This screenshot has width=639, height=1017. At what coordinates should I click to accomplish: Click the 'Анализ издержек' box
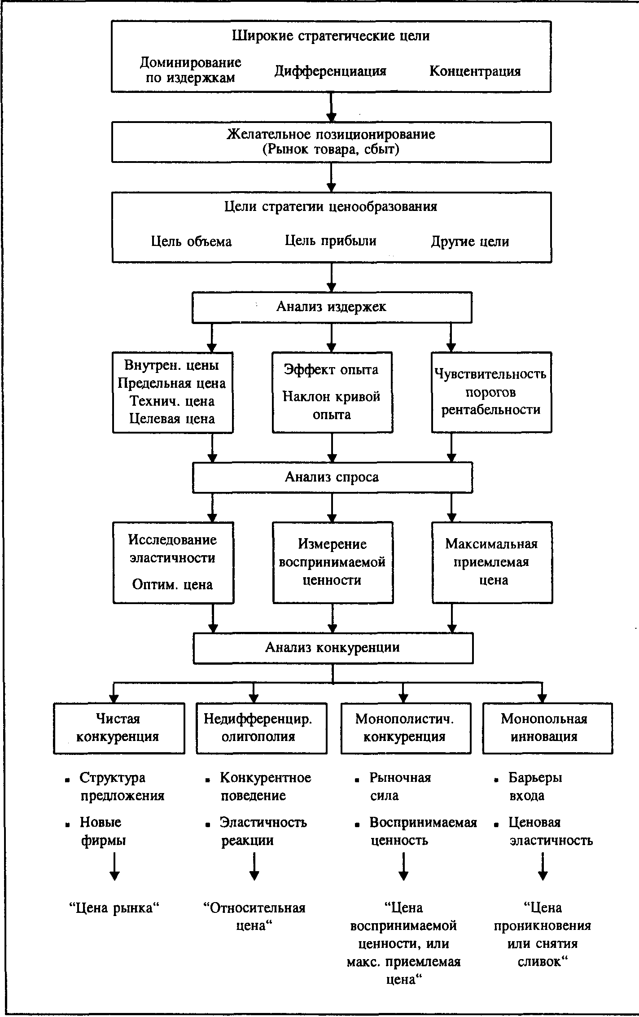click(x=332, y=307)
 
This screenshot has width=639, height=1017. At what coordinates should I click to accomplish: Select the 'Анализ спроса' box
click(x=332, y=477)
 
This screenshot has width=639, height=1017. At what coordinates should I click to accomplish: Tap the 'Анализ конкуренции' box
click(x=333, y=648)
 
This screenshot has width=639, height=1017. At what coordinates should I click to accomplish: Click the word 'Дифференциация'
click(x=331, y=71)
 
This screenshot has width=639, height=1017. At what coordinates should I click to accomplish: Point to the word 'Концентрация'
click(x=475, y=71)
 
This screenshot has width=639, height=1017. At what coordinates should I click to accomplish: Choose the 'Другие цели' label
click(x=470, y=241)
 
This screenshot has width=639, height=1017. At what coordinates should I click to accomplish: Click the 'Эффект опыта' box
click(x=332, y=392)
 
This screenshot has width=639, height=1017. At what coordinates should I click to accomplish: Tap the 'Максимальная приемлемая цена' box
click(x=492, y=562)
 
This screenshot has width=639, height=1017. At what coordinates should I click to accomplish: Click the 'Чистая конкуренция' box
click(x=119, y=728)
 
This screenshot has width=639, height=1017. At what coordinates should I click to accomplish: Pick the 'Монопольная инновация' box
click(x=547, y=728)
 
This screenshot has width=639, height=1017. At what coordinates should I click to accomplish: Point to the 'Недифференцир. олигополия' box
click(x=262, y=728)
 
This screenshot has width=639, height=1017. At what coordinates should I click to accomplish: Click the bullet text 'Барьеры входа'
click(x=535, y=786)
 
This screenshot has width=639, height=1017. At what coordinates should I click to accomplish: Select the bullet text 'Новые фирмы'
click(x=103, y=831)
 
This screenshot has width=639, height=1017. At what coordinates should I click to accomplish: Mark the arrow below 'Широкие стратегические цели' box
click(x=331, y=107)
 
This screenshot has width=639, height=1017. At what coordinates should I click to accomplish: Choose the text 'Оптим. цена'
click(x=172, y=584)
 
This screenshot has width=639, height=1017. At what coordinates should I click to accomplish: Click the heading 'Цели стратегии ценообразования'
click(x=331, y=206)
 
